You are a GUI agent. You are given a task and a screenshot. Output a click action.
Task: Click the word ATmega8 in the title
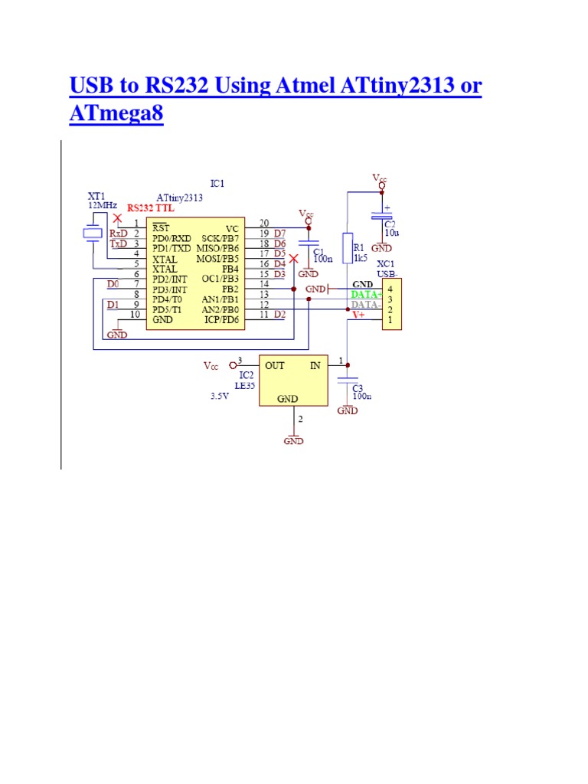click(x=116, y=114)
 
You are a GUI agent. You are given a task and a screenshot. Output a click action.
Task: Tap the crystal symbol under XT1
click(x=93, y=234)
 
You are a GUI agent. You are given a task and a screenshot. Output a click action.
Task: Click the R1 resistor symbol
click(x=347, y=247)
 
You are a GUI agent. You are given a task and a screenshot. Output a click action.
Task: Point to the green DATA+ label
click(x=366, y=294)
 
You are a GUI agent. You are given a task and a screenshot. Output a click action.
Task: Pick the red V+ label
click(x=358, y=314)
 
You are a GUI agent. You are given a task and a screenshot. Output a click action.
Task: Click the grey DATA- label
click(x=366, y=304)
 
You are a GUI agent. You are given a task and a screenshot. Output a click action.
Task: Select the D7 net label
click(x=279, y=233)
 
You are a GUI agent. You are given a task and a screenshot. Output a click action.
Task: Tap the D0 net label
click(x=113, y=284)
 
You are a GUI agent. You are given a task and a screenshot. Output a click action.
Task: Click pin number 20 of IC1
click(x=263, y=224)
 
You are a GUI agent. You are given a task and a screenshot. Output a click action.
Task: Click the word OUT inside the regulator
click(x=275, y=365)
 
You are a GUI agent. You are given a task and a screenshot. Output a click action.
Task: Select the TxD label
click(x=118, y=243)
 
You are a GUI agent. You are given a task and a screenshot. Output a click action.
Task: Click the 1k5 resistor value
click(x=359, y=259)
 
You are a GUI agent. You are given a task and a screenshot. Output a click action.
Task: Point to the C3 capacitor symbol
click(x=348, y=379)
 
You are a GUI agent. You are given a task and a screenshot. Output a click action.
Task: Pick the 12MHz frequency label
click(x=103, y=206)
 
